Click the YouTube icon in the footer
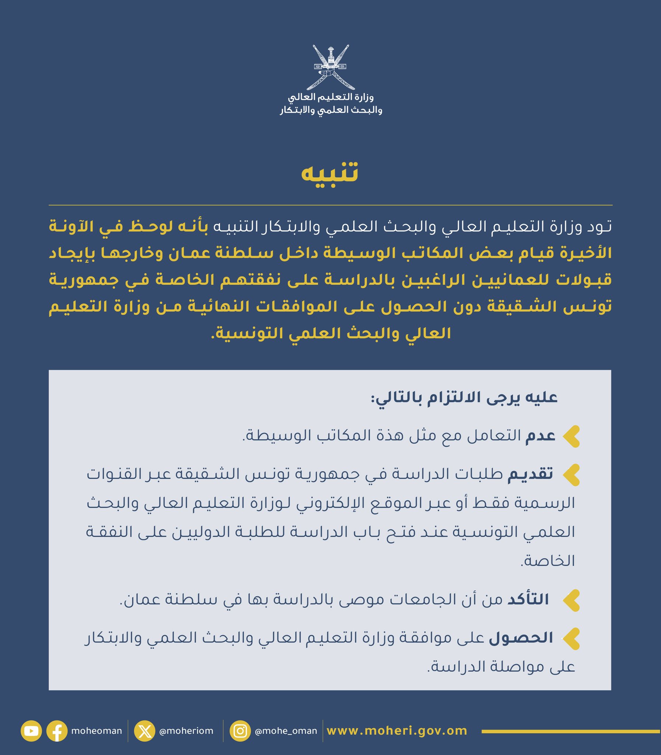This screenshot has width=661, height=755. [x=31, y=731]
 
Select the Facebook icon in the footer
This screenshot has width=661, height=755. [x=57, y=731]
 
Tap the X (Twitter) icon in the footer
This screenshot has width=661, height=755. [x=144, y=731]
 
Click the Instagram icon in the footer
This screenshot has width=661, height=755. [x=240, y=731]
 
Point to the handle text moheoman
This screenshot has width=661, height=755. [x=96, y=731]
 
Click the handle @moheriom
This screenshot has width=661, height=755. [x=186, y=731]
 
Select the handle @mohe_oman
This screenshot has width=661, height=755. [x=286, y=731]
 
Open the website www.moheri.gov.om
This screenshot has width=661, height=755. [x=397, y=731]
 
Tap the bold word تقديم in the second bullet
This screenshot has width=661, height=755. [x=530, y=474]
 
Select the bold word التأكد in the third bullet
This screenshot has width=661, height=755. [x=528, y=600]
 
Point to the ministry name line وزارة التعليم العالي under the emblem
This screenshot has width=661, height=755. [x=330, y=97]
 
